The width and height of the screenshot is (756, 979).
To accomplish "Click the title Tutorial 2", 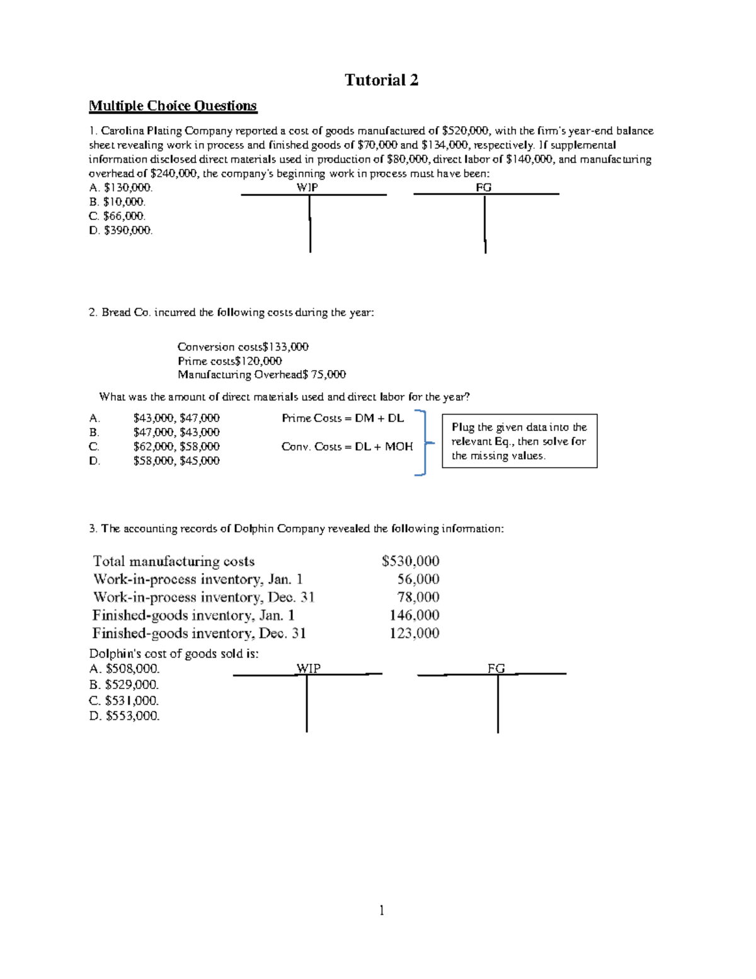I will (381, 80).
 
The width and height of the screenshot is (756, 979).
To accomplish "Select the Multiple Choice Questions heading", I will (173, 106).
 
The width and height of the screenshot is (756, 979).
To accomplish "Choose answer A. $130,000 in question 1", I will (121, 187).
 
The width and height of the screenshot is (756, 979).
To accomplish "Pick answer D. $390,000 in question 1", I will (121, 231).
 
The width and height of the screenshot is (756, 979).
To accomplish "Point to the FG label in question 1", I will (483, 187).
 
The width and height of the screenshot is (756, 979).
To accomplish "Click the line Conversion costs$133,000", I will (243, 347).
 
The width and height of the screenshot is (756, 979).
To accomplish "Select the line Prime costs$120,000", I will (229, 361).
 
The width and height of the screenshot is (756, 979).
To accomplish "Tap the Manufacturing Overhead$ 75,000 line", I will (261, 375).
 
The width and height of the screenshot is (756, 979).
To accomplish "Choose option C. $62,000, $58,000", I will (154, 446).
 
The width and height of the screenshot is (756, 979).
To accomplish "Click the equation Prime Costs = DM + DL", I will (343, 418).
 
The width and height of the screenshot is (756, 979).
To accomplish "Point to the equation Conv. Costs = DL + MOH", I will (347, 446).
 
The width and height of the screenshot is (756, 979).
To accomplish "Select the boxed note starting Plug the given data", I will (519, 441).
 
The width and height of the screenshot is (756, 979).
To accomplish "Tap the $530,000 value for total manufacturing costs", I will (410, 561).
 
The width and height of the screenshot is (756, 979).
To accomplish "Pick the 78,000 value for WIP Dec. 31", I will (418, 597).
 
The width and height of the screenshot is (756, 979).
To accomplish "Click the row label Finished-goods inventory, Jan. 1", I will (193, 615).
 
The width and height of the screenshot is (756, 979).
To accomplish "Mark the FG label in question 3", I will (496, 668).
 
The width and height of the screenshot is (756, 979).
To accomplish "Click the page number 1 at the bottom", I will (381, 910).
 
